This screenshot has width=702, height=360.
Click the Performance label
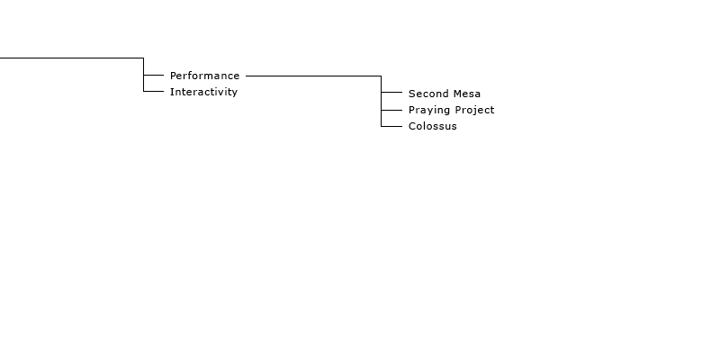[204, 76]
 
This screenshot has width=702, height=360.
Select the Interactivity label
[203, 92]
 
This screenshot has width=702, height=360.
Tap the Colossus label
[433, 126]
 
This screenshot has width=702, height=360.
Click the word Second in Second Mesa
[427, 94]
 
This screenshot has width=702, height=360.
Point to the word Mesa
[465, 94]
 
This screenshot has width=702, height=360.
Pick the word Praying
[429, 110]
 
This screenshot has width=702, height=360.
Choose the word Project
[474, 110]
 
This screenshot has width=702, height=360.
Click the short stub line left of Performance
[154, 75]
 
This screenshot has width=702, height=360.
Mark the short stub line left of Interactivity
[154, 91]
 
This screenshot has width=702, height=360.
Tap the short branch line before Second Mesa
[391, 92]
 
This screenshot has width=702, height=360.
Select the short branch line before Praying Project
[391, 110]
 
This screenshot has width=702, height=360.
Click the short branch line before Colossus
[391, 126]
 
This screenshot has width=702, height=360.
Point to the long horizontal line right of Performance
[313, 76]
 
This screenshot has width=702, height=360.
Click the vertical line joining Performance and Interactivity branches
[144, 75]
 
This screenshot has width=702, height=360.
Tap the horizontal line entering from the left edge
[72, 58]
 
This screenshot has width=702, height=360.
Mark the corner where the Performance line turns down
[382, 76]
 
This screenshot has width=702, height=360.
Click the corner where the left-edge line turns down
[144, 58]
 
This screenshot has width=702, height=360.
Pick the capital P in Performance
[174, 76]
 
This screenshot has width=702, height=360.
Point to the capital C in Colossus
[412, 126]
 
